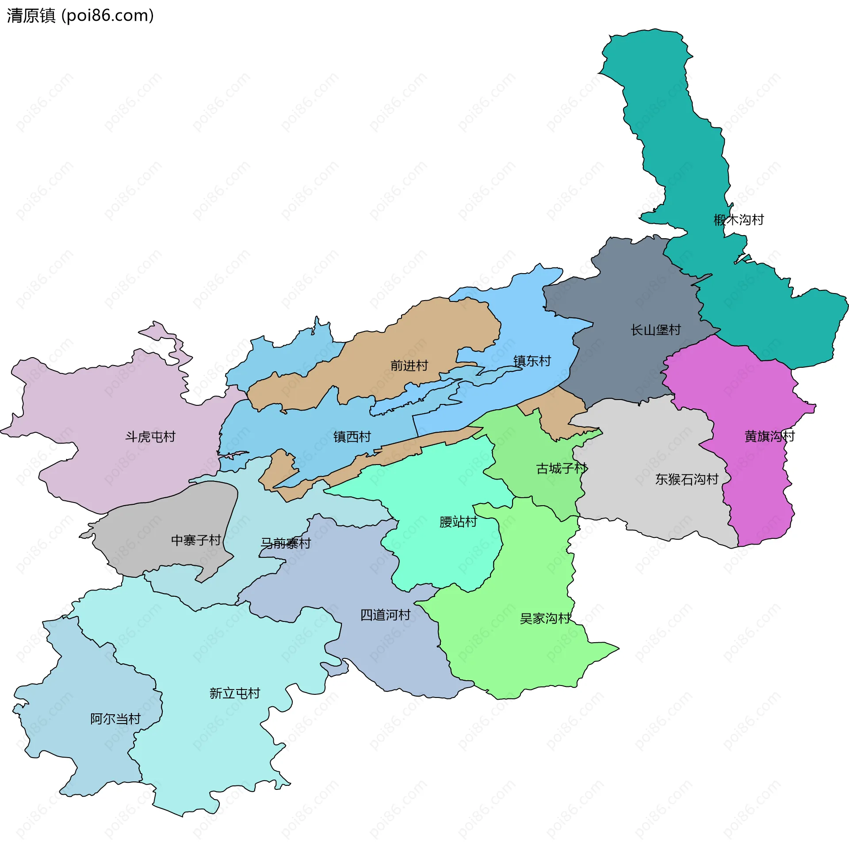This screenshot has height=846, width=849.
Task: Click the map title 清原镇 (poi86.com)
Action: click(80, 16)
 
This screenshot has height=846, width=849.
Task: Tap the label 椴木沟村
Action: click(738, 220)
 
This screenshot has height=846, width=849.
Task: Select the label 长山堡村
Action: click(655, 330)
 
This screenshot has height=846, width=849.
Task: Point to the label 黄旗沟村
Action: click(769, 436)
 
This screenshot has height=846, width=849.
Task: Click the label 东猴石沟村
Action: click(686, 479)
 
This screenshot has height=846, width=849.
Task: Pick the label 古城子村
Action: click(562, 468)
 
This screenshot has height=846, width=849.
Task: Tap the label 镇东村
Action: click(532, 361)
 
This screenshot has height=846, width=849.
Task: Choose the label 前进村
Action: click(409, 366)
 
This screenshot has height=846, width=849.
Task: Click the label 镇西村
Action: click(352, 437)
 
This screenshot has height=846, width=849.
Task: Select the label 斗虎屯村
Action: click(150, 437)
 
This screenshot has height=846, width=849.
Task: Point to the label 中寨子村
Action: click(196, 540)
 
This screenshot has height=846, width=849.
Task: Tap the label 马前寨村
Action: click(286, 543)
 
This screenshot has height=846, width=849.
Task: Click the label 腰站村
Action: click(458, 522)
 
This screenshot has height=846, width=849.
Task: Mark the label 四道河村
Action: click(385, 615)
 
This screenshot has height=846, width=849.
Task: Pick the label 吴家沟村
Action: click(545, 618)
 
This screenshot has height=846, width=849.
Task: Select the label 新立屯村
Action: click(235, 693)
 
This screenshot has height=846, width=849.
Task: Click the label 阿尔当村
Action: click(115, 719)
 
